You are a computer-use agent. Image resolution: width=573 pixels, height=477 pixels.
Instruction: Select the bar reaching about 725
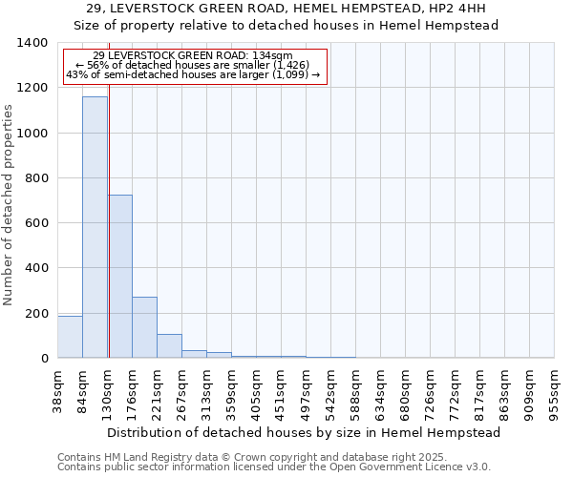tap(120, 277)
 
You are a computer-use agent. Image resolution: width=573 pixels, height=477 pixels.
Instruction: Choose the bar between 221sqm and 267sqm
tap(169, 346)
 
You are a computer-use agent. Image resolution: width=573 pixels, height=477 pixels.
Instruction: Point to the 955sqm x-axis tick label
tap(555, 390)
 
